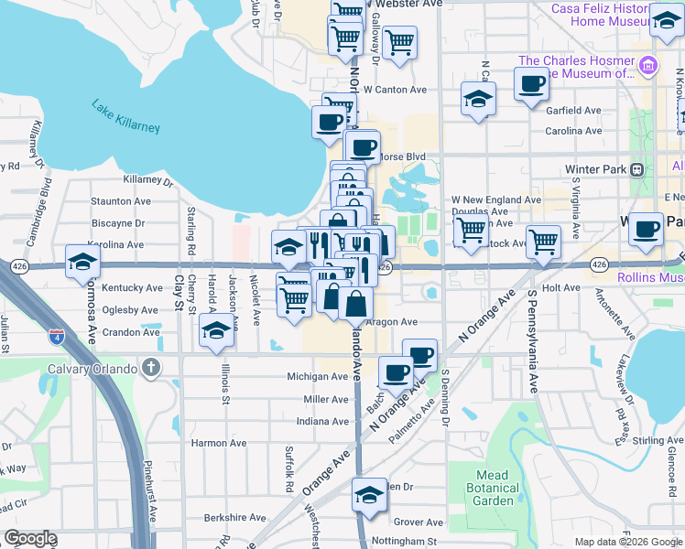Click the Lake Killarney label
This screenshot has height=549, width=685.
pyautogui.click(x=125, y=116)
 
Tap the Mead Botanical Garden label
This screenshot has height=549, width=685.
pyautogui.click(x=495, y=488)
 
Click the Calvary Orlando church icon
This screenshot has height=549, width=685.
pyautogui.click(x=152, y=369)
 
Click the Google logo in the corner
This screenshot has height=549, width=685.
pyautogui.click(x=30, y=538)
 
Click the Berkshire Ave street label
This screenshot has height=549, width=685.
pyautogui.click(x=235, y=517)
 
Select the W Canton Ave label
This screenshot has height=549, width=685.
pyautogui.click(x=395, y=90)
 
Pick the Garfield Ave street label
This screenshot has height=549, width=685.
pyautogui.click(x=573, y=110)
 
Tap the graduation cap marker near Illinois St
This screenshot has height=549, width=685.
pyautogui.click(x=217, y=331)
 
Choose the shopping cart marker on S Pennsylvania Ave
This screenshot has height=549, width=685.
pyautogui.click(x=543, y=242)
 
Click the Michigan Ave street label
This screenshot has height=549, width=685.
pyautogui.click(x=317, y=376)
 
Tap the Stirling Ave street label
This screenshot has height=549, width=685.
pyautogui.click(x=658, y=441)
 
